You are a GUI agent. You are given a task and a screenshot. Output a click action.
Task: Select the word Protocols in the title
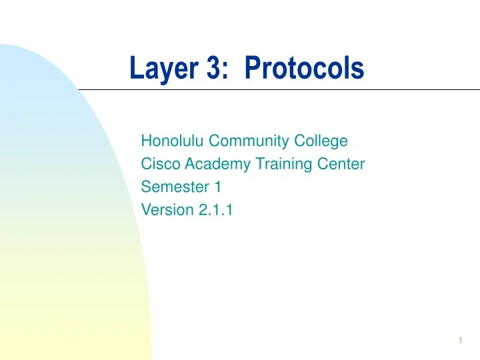(304, 68)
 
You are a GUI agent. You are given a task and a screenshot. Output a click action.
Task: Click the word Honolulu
(172, 141)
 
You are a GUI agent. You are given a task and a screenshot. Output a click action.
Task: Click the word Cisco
(157, 164)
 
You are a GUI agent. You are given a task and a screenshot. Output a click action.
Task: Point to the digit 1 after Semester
(217, 187)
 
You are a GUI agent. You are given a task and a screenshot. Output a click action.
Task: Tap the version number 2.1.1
(212, 211)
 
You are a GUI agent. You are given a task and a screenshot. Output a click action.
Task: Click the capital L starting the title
(136, 68)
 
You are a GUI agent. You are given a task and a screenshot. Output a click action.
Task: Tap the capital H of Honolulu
(147, 141)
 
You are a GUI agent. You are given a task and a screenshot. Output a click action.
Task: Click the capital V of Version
(146, 211)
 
